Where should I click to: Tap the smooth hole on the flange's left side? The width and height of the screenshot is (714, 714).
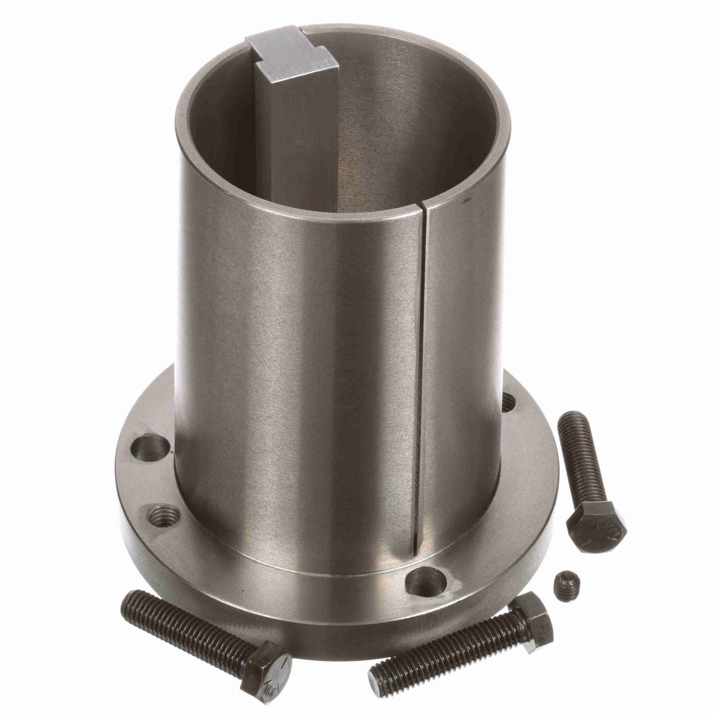click(x=149, y=444)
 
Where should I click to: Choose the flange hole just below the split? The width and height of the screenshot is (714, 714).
click(x=426, y=578)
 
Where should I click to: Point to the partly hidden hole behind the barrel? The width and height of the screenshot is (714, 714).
click(x=508, y=402)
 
